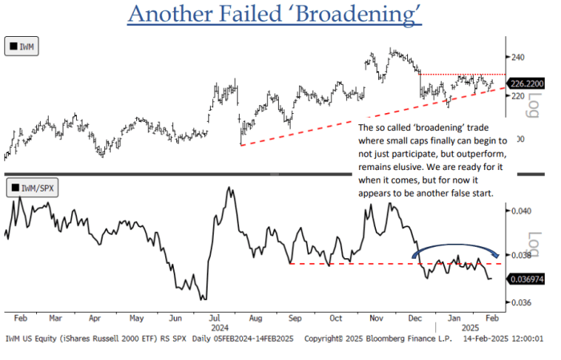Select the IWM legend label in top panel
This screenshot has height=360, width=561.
tap(26, 47)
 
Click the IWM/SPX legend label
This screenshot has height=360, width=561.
tap(32, 189)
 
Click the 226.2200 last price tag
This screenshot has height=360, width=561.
tap(528, 83)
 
